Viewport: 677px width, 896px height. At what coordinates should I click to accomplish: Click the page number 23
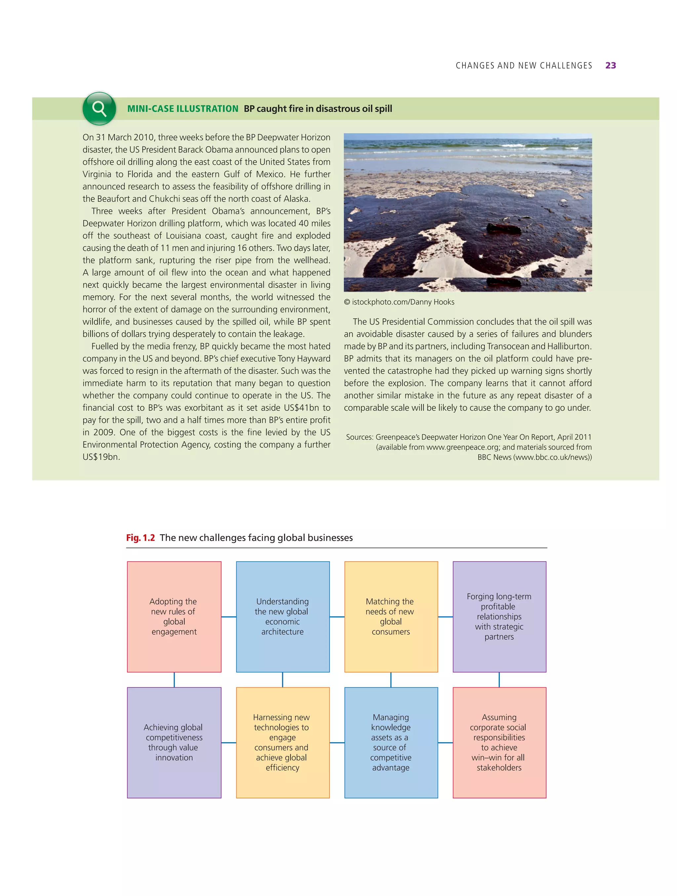coord(610,65)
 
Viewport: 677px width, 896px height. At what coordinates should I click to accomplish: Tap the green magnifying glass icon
coord(99,108)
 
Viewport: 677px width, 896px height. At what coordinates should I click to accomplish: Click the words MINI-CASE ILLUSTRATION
coord(182,108)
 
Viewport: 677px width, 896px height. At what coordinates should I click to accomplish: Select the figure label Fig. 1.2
coord(140,538)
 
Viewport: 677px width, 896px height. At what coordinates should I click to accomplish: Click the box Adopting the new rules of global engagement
coord(174,617)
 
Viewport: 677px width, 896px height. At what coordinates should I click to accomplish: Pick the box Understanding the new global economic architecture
coord(283,617)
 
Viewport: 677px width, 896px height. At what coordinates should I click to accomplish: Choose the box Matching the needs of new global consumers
coord(391,617)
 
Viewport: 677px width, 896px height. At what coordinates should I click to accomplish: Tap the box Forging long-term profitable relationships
coord(499,617)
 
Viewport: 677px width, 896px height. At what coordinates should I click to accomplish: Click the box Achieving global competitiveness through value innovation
coord(174,743)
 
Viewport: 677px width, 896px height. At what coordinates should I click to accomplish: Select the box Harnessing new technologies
coord(283,743)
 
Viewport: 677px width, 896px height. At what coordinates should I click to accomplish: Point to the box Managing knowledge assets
coord(391,743)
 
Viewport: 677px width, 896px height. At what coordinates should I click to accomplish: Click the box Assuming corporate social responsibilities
coord(499,743)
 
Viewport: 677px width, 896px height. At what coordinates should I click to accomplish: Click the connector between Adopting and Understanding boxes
coord(229,617)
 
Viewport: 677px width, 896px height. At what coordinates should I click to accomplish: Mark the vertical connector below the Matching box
coord(391,680)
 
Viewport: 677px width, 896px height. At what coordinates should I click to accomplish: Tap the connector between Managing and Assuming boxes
coord(445,743)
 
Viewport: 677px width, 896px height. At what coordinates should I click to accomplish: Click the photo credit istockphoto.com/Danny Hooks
coord(403,302)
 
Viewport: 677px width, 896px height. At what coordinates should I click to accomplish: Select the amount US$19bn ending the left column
coord(101,457)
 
